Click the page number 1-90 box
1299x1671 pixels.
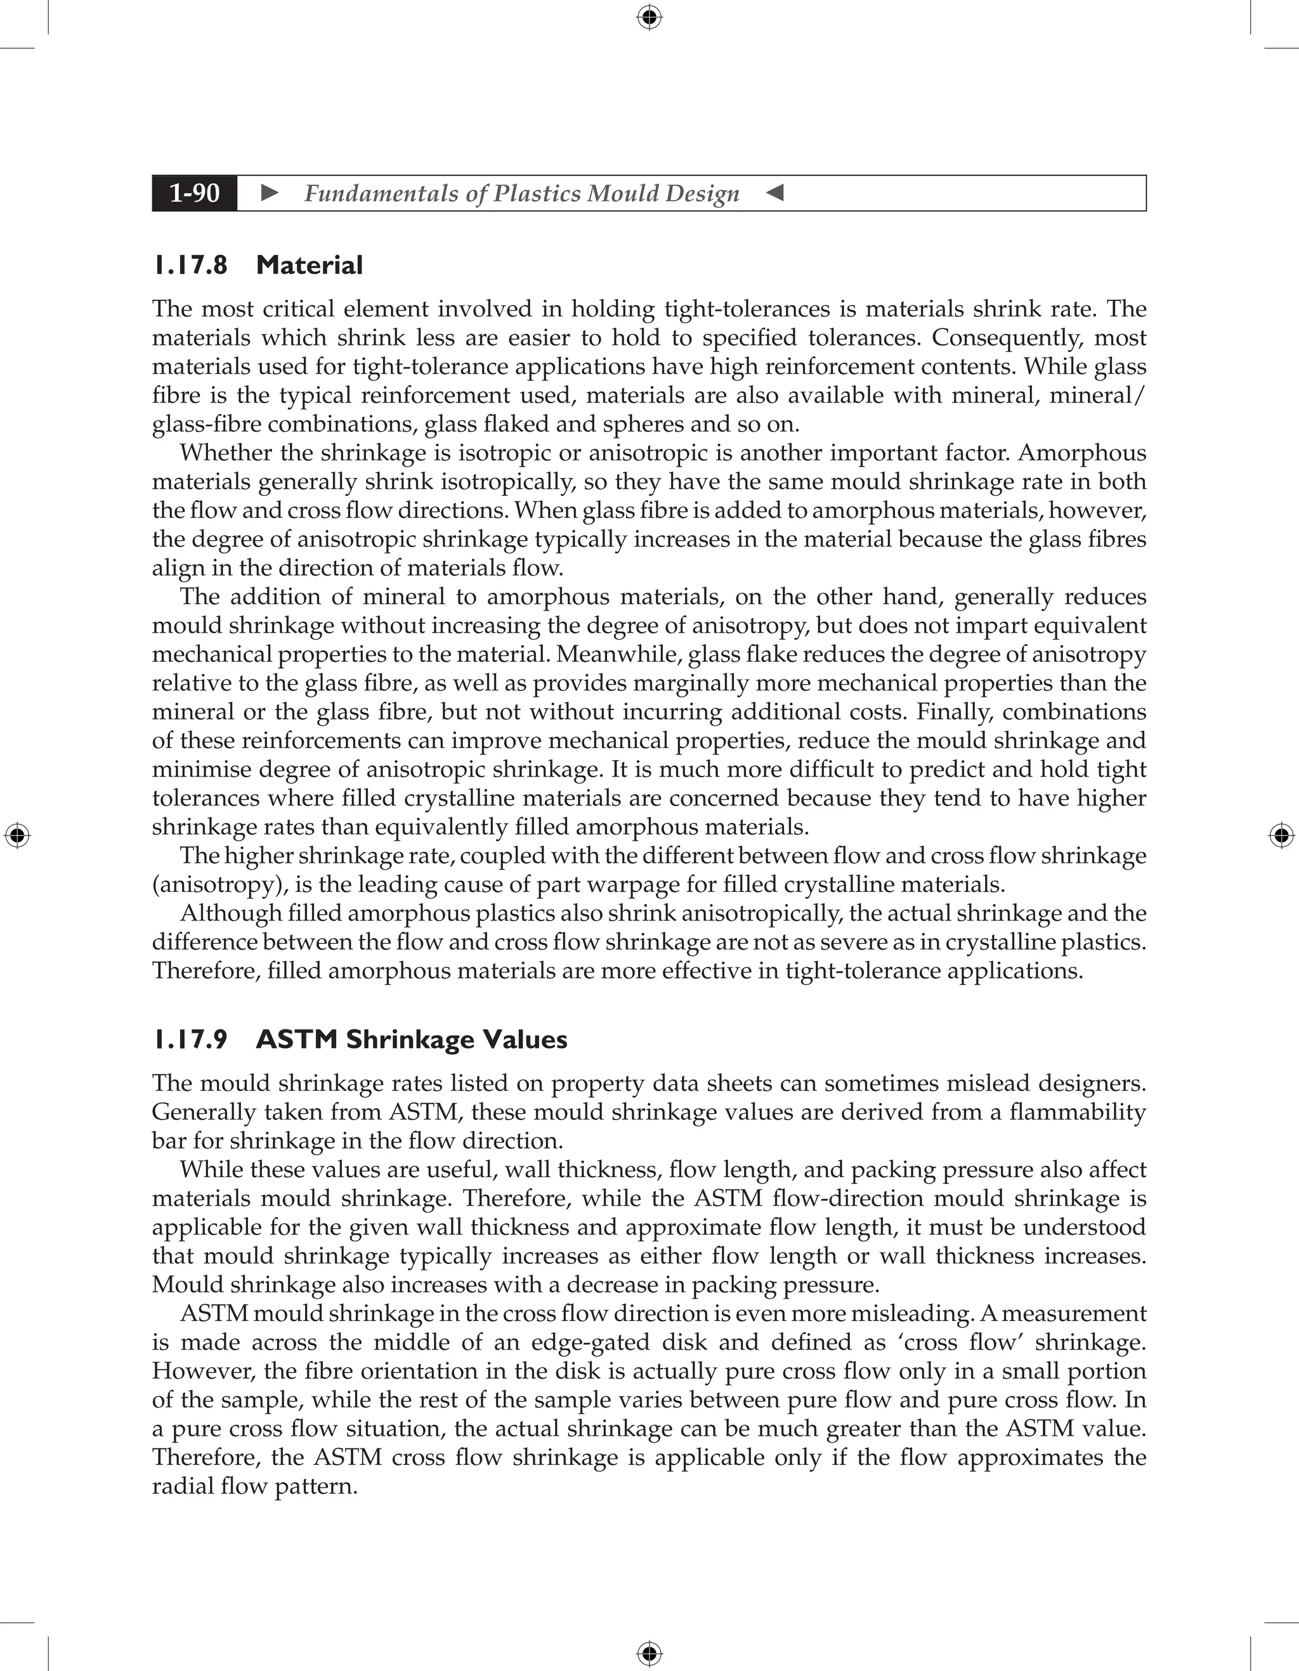195,193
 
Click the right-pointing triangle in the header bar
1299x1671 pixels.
270,193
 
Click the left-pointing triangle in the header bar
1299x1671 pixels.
774,193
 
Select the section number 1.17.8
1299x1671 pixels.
190,266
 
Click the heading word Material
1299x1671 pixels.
310,266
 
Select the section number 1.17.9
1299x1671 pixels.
190,1040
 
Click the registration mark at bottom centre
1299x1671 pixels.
649,1654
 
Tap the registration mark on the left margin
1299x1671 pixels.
17,835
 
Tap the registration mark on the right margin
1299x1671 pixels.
1281,835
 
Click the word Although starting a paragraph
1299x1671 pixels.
230,913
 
